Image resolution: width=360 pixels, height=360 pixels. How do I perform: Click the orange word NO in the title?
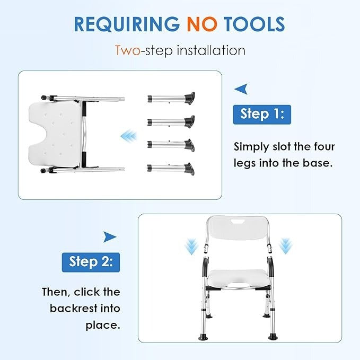(x=202, y=24)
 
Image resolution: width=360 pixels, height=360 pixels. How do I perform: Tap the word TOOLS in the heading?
(x=254, y=24)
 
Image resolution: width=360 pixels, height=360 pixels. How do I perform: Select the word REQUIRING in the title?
(x=127, y=24)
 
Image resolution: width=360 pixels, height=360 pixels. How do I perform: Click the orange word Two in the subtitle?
(x=127, y=50)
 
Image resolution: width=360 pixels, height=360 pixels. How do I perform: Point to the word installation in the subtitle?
(x=211, y=50)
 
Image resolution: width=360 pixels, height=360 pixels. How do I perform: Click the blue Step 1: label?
(x=262, y=115)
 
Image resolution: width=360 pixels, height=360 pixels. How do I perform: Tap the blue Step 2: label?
(x=91, y=262)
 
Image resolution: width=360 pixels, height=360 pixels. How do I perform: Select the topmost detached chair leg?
(x=171, y=98)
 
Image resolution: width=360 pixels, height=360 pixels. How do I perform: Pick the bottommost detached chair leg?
(x=171, y=169)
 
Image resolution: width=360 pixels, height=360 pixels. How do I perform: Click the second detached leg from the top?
(x=171, y=121)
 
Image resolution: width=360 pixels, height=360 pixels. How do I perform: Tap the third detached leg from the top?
(x=171, y=145)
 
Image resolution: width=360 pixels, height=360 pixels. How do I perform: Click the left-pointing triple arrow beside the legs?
(x=128, y=136)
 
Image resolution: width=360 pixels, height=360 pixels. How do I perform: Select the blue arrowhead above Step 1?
(x=241, y=89)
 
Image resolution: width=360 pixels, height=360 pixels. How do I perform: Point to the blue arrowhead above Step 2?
(x=110, y=237)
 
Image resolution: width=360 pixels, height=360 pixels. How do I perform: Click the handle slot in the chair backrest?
(x=238, y=222)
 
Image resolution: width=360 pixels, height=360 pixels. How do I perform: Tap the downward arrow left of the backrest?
(x=191, y=247)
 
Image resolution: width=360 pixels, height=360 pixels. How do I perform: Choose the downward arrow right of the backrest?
(x=285, y=246)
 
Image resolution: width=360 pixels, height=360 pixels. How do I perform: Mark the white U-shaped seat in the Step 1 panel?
(x=55, y=135)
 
